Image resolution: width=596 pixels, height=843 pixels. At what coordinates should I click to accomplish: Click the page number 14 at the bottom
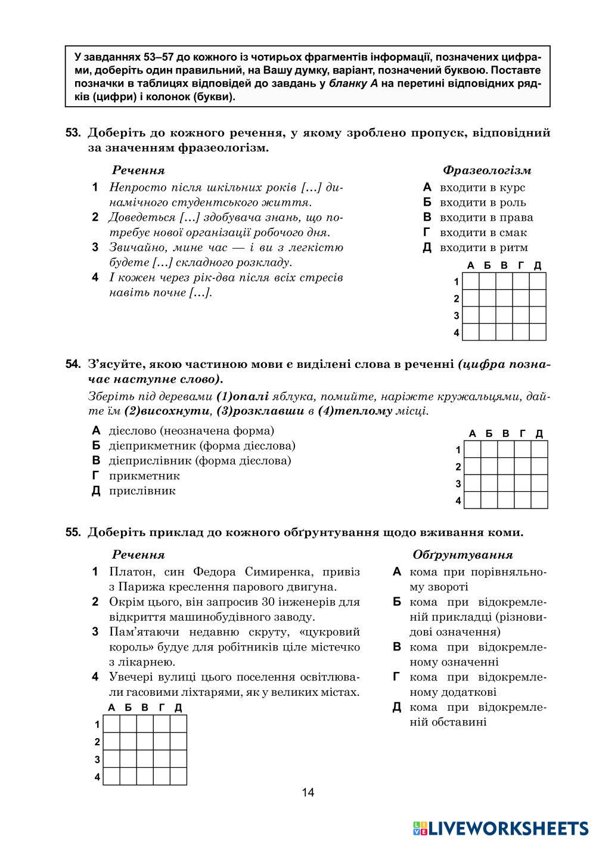tap(308, 792)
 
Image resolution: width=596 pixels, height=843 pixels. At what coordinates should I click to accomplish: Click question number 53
tap(73, 133)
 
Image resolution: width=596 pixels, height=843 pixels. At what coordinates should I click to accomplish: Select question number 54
tap(73, 364)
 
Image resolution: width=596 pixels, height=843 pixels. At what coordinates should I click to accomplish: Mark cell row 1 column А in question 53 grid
tap(471, 281)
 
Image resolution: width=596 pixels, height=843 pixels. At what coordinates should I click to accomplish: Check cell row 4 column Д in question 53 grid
tap(538, 332)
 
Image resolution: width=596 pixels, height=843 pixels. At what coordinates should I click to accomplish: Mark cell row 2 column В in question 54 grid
tap(506, 466)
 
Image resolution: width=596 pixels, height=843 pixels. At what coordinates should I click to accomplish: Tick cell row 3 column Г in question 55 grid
tap(162, 759)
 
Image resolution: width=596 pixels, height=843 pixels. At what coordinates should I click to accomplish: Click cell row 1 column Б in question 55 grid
tap(129, 724)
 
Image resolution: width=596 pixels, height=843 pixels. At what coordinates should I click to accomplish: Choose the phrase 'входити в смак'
tap(483, 233)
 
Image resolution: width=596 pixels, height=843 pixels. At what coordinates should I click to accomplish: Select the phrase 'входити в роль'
tap(483, 203)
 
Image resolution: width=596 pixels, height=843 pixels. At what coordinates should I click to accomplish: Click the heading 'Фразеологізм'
tap(486, 171)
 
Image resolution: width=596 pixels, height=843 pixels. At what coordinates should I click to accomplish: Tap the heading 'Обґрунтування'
tap(462, 555)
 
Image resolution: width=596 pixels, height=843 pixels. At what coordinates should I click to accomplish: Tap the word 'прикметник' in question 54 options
tap(144, 476)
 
